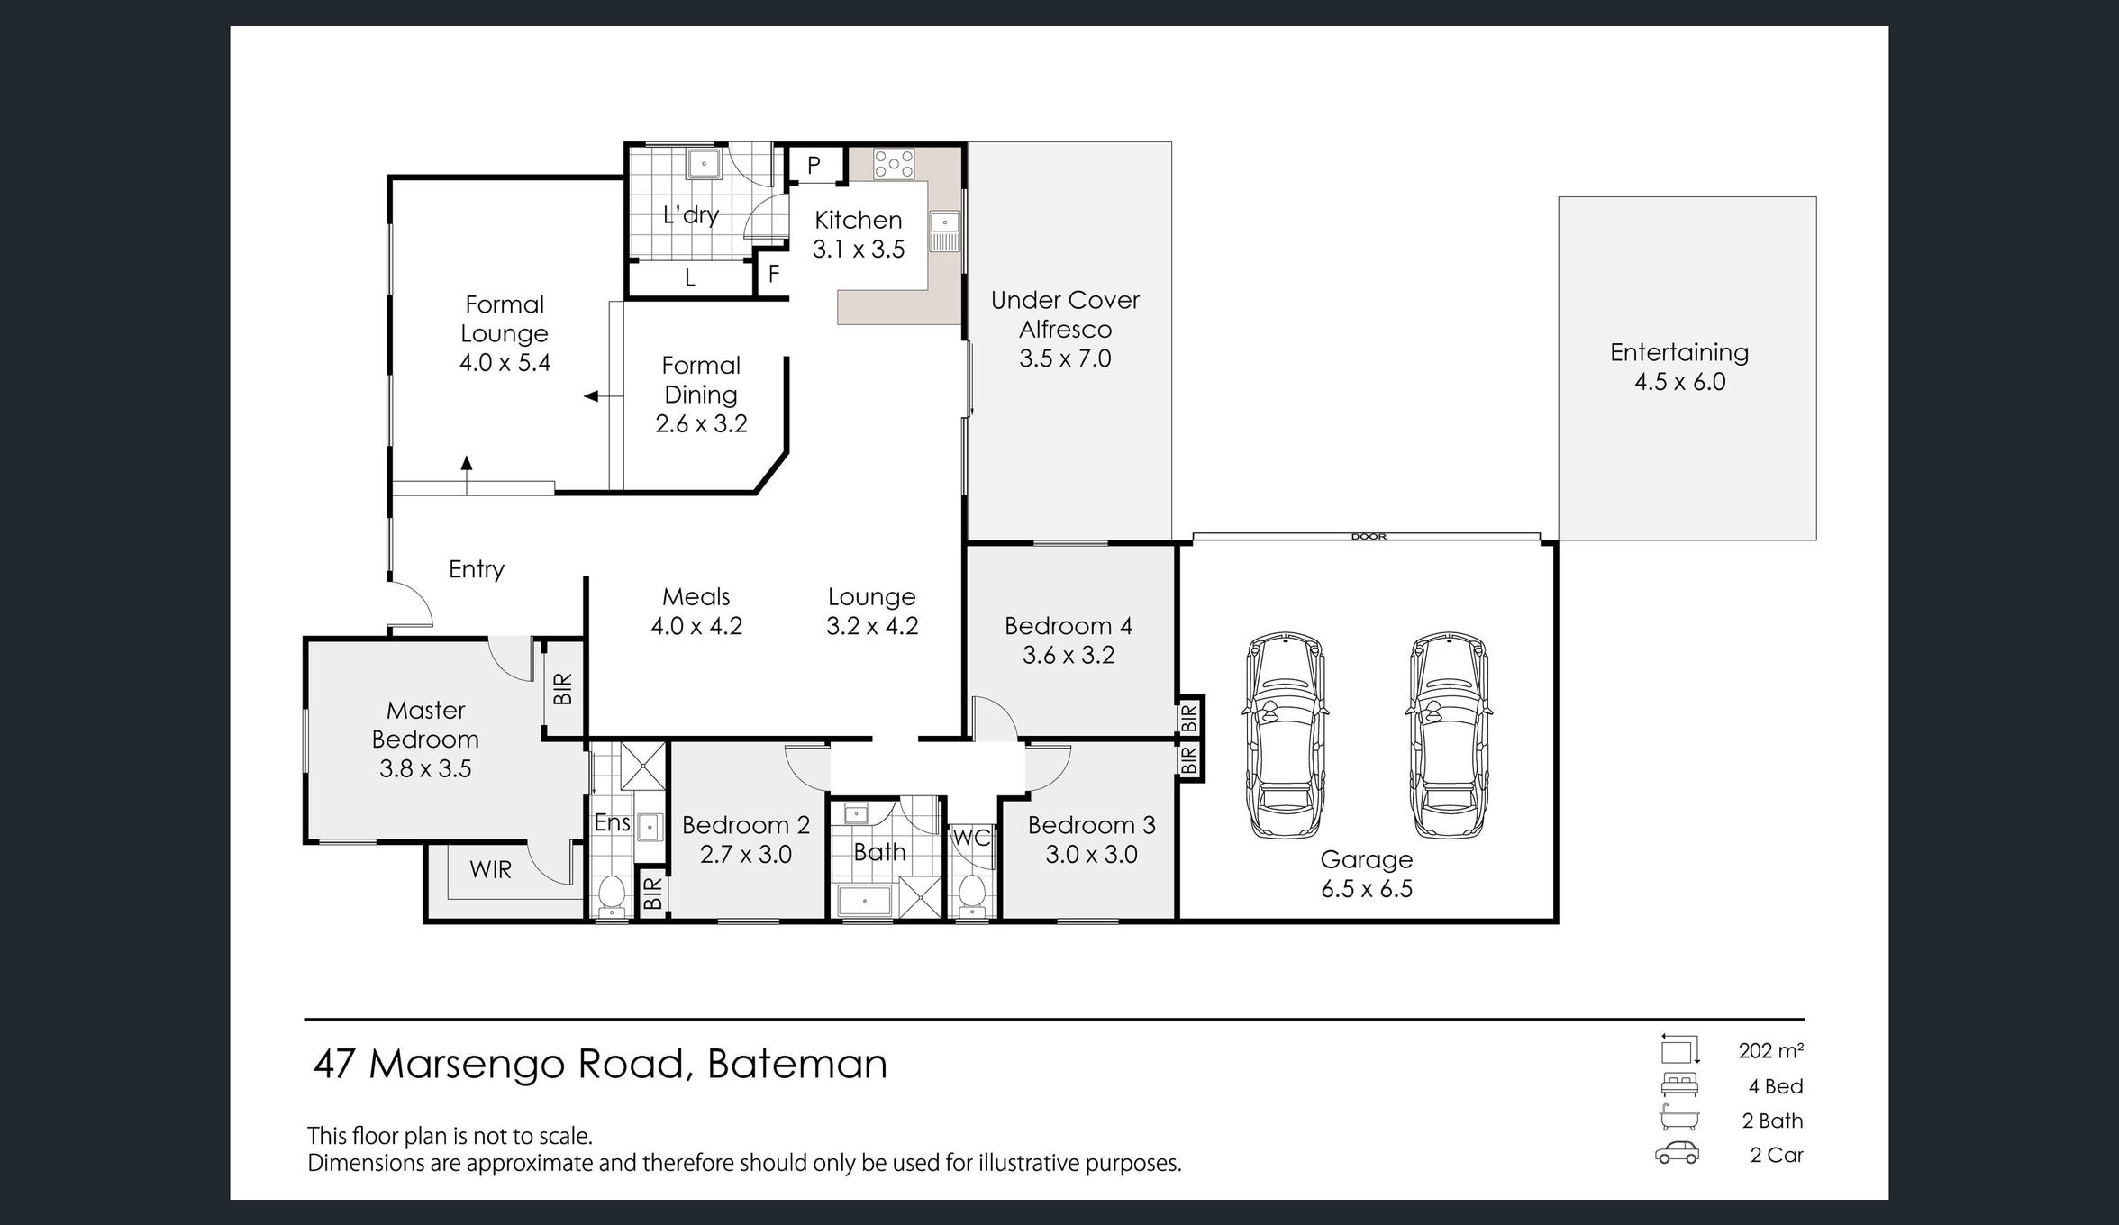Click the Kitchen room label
(858, 220)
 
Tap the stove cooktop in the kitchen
(894, 163)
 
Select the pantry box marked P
(815, 165)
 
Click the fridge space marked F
(773, 274)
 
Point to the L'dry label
(691, 214)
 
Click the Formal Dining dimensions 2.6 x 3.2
(701, 423)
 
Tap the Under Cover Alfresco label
(1065, 314)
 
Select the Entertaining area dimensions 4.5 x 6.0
(1680, 381)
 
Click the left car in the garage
(1286, 735)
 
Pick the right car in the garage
(1449, 735)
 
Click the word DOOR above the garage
(1369, 537)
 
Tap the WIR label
(490, 870)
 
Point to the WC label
(971, 838)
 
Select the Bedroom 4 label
(1069, 625)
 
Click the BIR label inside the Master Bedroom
(562, 689)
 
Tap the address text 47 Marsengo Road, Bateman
(600, 1064)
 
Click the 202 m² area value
(1770, 1050)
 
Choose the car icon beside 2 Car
(1678, 1153)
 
